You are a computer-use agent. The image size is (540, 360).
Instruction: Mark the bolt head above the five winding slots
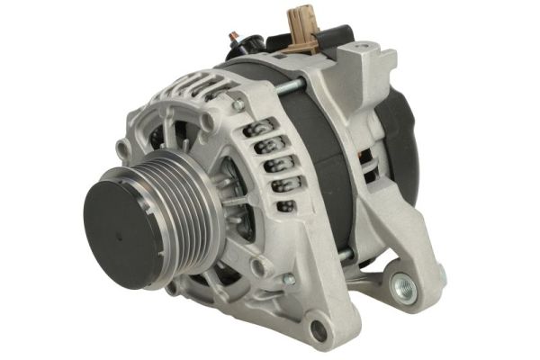tap(238, 105)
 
